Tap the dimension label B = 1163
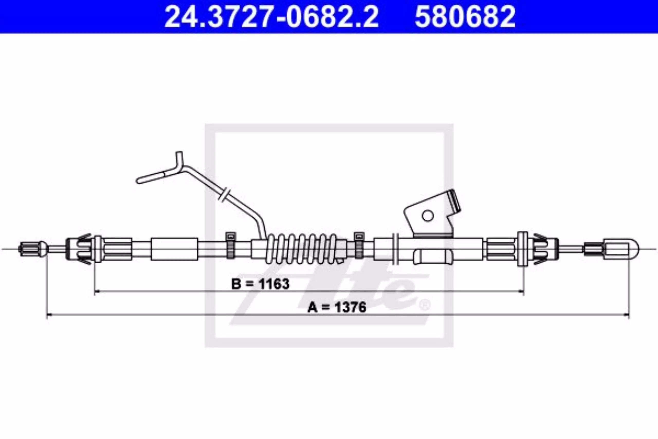[260, 284]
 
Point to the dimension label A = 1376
[337, 307]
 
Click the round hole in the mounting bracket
[427, 216]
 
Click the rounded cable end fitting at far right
[621, 249]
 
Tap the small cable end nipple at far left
[33, 249]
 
